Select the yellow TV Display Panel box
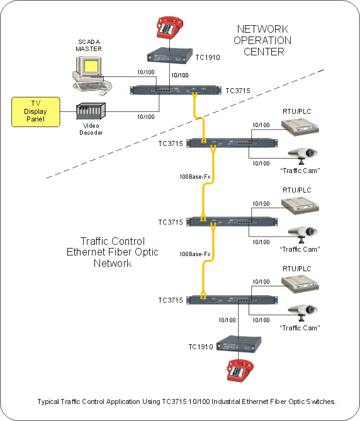pos(35,111)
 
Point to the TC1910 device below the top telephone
pos(169,57)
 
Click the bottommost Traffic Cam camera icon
pos(301,312)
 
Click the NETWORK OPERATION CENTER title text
pos(263,40)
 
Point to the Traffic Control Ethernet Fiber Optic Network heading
pos(112,252)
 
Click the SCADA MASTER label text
pos(88,45)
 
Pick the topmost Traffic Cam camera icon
pos(301,155)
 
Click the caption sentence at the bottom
pos(187,401)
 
